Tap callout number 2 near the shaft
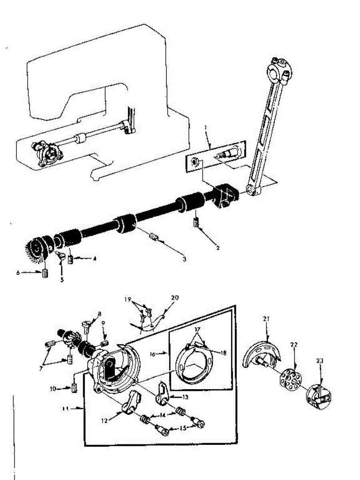218,248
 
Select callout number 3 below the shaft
184,259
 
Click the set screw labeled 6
45,274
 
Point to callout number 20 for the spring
174,298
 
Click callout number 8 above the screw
99,314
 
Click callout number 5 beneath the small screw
62,280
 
